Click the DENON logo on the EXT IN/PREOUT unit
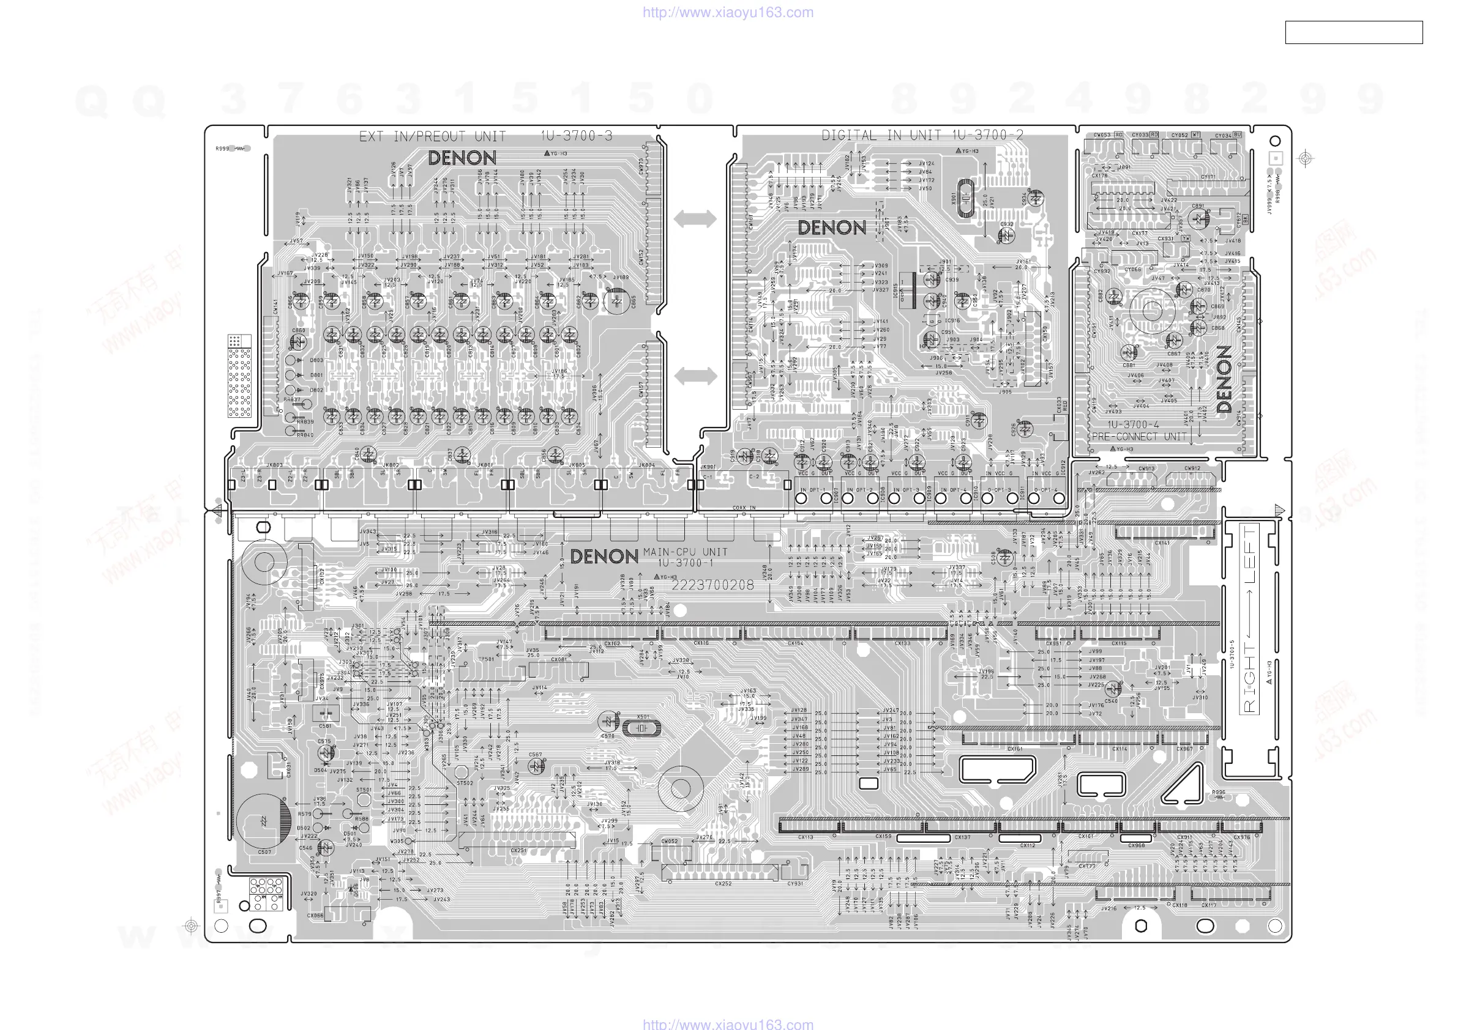click(462, 158)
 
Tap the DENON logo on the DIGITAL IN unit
click(831, 228)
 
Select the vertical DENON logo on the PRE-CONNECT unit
click(1224, 379)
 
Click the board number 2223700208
click(712, 585)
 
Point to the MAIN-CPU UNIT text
click(684, 552)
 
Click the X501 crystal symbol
click(641, 728)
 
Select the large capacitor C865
click(616, 302)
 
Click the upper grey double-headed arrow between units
click(695, 219)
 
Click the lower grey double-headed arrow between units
click(695, 376)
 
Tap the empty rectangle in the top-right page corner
click(1353, 32)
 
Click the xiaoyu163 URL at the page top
click(728, 12)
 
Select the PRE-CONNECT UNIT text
click(1139, 437)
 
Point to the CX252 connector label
click(723, 883)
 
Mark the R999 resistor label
click(222, 149)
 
